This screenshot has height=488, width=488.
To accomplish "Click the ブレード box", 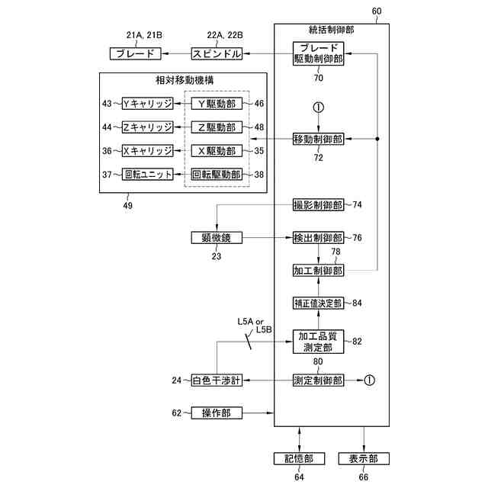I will (x=135, y=54).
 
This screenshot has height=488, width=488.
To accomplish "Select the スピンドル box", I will (x=217, y=54).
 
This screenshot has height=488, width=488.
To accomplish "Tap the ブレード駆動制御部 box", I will (x=318, y=54).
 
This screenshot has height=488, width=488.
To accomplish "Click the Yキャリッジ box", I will (x=148, y=103).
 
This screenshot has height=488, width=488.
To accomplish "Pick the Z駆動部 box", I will (x=216, y=127).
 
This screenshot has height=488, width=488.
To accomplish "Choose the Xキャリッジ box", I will (x=148, y=150).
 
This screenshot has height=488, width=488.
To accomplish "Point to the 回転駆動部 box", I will (x=216, y=174).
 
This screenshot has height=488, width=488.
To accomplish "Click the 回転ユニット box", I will (x=148, y=174).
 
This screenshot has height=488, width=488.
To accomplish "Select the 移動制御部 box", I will (x=318, y=139).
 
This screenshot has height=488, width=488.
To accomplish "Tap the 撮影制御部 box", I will (x=318, y=205).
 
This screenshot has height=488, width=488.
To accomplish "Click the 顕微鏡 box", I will (x=216, y=238).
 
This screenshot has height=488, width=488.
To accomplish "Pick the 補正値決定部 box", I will (x=318, y=303).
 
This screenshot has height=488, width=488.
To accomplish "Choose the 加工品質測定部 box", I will (x=318, y=342).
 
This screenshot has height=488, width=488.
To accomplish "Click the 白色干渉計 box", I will (x=216, y=380).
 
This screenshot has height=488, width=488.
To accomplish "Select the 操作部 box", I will (x=216, y=413).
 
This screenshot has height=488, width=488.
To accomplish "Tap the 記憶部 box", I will (x=298, y=458).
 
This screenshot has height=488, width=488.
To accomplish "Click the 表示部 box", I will (x=363, y=458).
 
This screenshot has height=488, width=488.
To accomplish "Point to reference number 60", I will (x=377, y=11).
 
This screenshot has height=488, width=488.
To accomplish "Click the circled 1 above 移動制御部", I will (x=318, y=108).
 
